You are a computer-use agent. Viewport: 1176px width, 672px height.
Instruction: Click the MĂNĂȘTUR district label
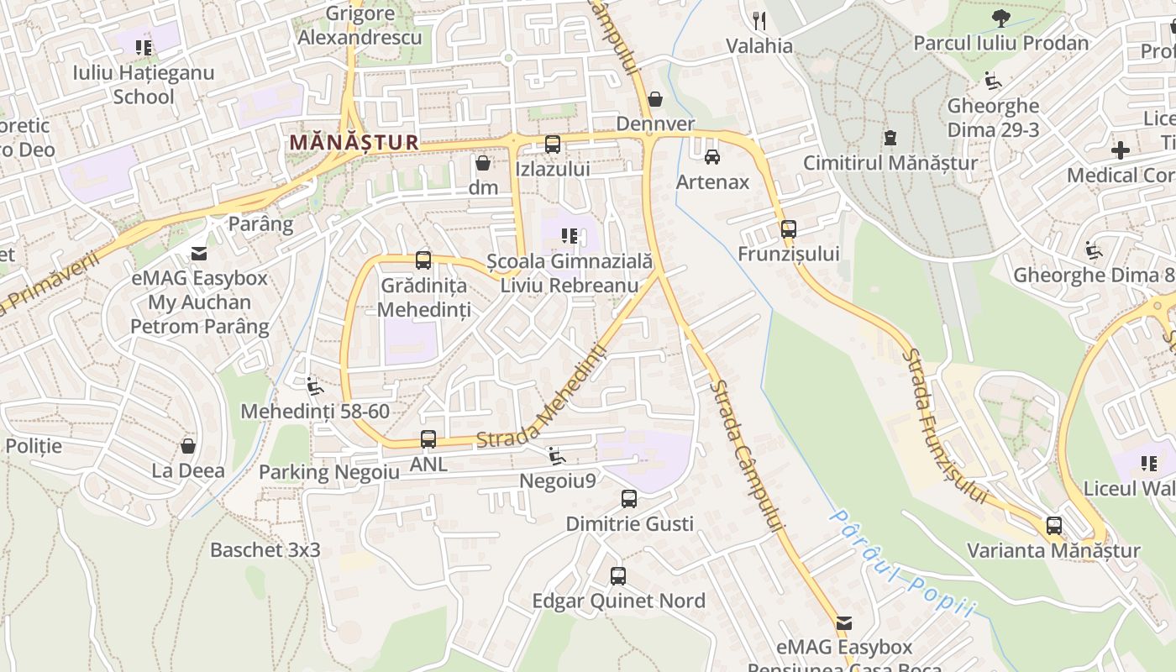click(354, 142)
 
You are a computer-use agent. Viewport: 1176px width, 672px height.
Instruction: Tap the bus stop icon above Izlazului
click(552, 144)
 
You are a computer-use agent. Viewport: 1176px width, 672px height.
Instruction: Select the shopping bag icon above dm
click(483, 162)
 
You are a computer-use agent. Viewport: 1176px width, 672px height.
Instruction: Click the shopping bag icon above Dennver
click(655, 99)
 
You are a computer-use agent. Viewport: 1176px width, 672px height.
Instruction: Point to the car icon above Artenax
click(712, 156)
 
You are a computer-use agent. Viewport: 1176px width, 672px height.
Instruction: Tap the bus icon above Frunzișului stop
click(788, 228)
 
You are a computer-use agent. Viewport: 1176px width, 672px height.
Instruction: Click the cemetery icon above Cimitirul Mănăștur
click(890, 138)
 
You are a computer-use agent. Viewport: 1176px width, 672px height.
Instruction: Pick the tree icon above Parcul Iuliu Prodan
click(1000, 18)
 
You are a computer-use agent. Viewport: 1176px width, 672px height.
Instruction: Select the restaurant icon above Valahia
click(759, 20)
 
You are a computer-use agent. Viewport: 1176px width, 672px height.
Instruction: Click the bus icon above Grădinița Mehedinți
click(423, 260)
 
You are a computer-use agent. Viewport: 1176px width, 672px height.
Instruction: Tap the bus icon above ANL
click(428, 439)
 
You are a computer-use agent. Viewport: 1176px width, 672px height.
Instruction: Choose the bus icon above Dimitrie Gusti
click(629, 499)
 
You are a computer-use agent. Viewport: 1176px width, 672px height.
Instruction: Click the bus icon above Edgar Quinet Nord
click(618, 576)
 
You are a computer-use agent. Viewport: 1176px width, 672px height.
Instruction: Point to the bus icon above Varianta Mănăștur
click(1053, 526)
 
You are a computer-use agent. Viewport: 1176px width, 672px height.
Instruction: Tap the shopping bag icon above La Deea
click(188, 445)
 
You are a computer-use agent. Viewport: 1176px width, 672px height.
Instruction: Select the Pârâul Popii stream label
click(903, 563)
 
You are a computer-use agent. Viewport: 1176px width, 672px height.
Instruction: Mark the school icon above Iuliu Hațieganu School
click(144, 48)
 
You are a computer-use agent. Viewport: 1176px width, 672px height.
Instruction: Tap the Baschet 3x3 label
click(265, 550)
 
